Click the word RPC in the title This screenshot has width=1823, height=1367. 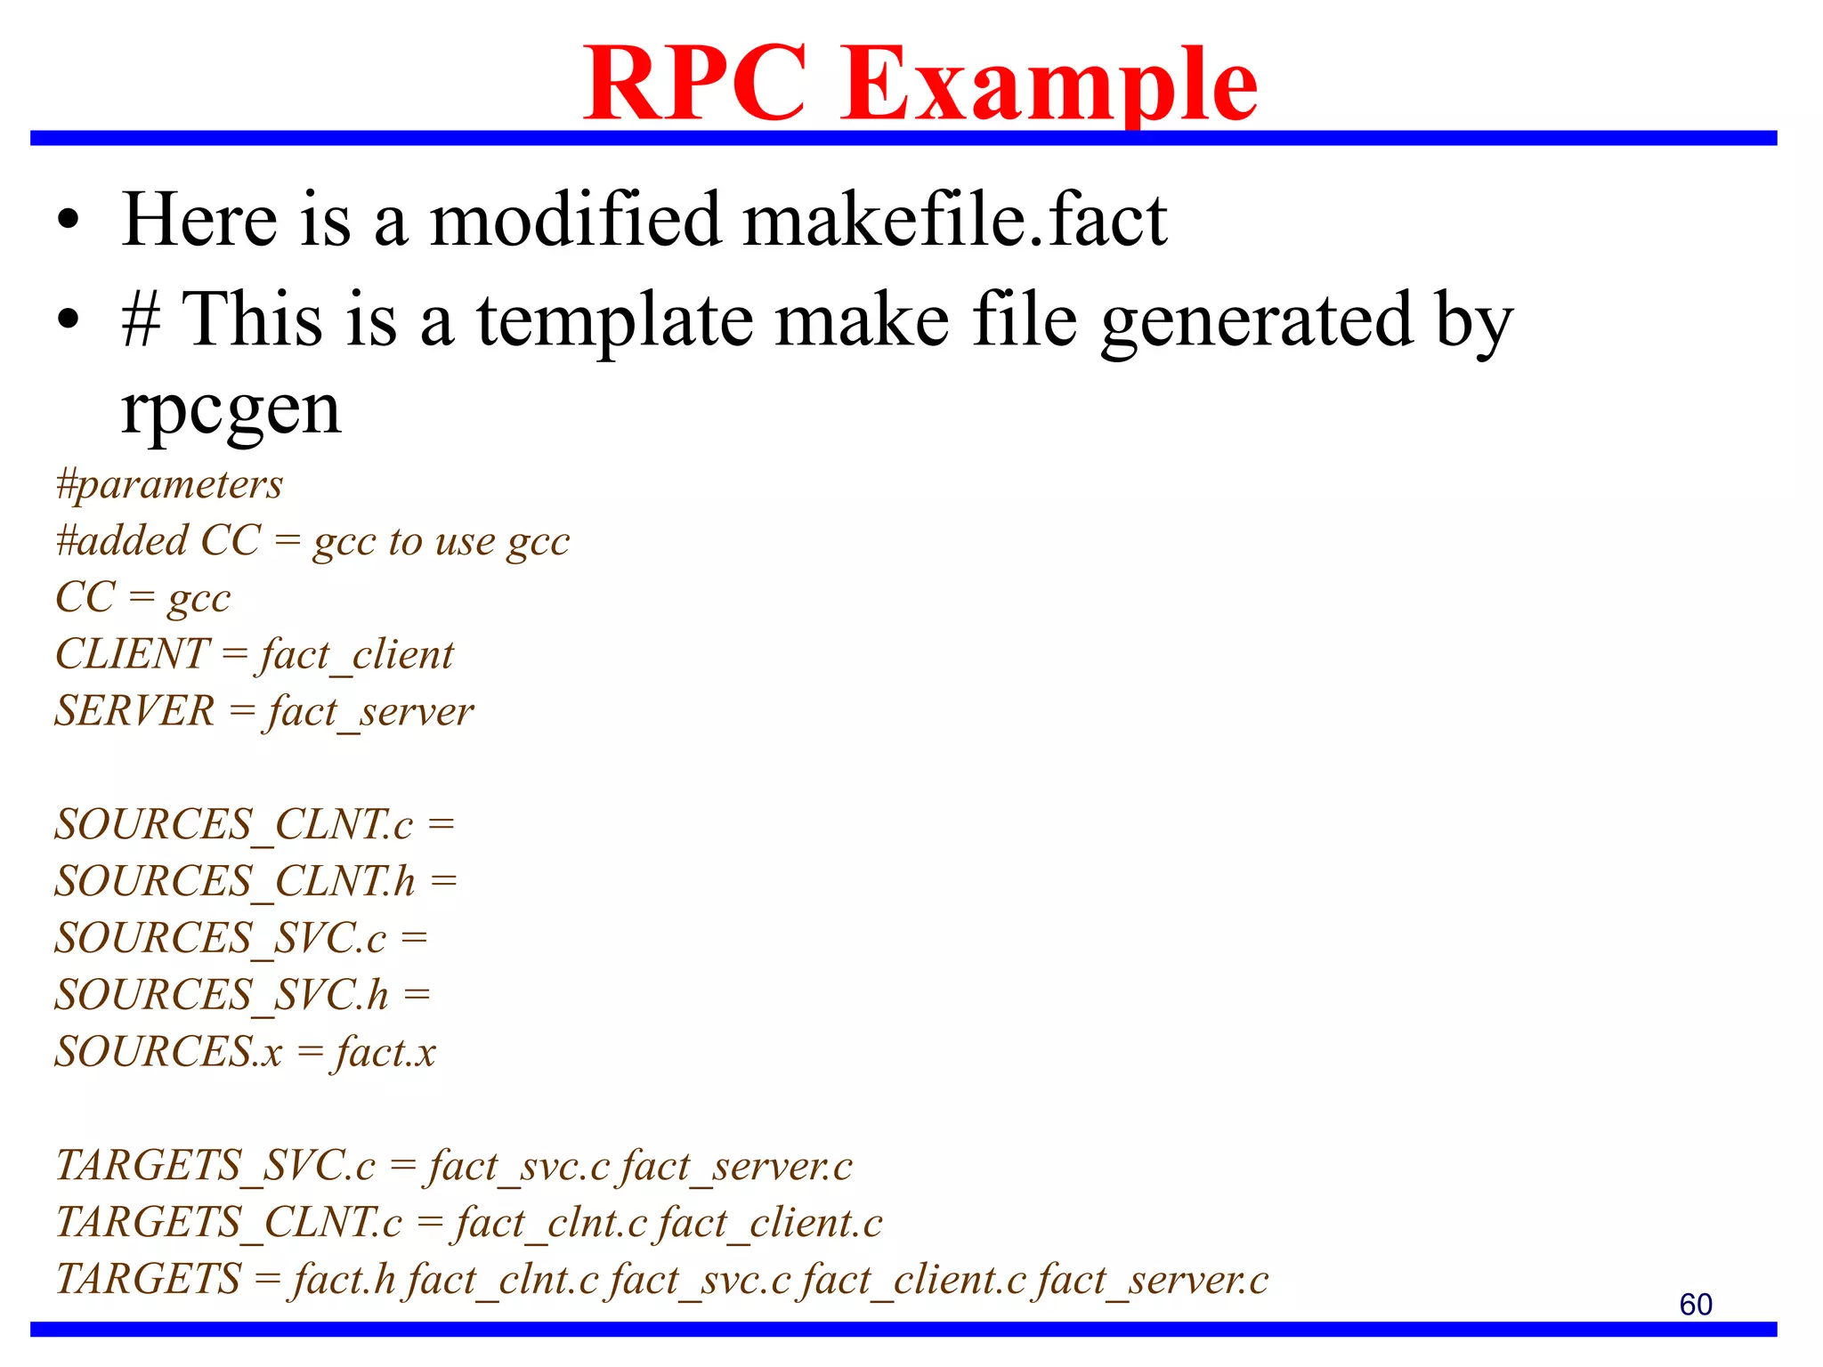coord(695,84)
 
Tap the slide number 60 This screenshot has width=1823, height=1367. coord(1695,1304)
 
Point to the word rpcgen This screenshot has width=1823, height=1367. coord(231,411)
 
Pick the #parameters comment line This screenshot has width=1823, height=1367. coord(169,484)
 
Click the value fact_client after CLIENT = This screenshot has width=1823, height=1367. coord(357,655)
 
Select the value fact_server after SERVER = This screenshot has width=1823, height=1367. coord(370,712)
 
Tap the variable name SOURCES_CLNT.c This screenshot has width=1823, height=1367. coord(233,824)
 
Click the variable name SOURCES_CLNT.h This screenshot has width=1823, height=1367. coord(235,881)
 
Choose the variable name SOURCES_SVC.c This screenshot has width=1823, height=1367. coord(221,938)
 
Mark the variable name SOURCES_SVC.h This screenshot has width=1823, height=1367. coord(222,995)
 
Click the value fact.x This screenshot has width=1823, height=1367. coord(385,1052)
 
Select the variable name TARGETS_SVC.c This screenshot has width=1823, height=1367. coord(215,1166)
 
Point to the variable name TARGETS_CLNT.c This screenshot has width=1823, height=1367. coord(229,1223)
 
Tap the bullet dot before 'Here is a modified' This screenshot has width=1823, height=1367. coord(69,221)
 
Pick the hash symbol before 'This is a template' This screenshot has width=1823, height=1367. coord(141,320)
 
